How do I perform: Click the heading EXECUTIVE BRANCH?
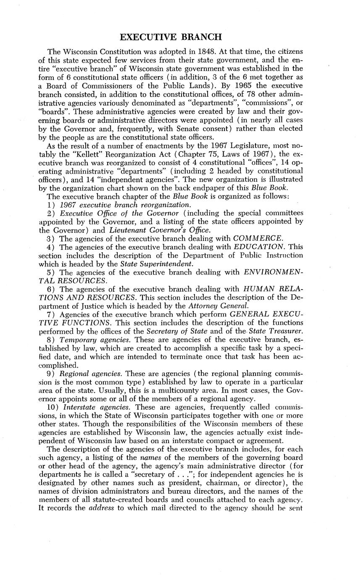pyautogui.click(x=171, y=37)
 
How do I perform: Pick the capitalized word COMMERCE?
pyautogui.click(x=258, y=238)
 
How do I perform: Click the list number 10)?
pyautogui.click(x=53, y=407)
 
